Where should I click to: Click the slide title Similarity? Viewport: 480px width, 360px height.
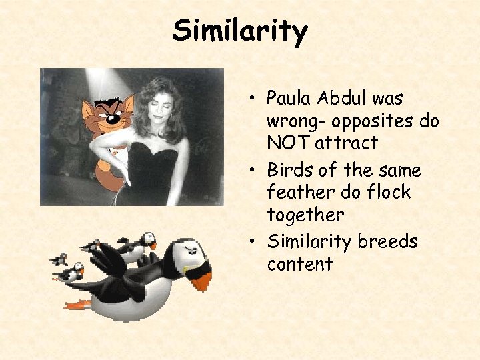point(240,31)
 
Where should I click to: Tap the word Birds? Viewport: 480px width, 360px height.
point(289,170)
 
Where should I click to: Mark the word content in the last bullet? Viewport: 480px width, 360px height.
point(299,264)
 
